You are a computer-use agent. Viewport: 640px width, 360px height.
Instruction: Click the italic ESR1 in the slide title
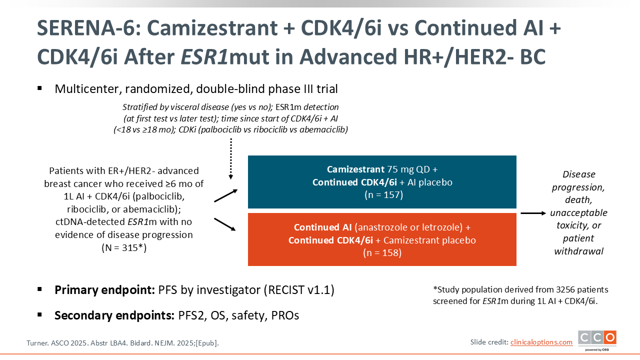[x=204, y=57]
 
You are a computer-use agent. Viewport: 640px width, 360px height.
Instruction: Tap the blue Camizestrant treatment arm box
[x=382, y=182]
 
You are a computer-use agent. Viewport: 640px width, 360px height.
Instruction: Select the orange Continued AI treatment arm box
[x=382, y=239]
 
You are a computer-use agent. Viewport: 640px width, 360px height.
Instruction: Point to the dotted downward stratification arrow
[x=231, y=159]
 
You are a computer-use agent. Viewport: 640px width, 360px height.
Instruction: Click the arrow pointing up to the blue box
[x=225, y=195]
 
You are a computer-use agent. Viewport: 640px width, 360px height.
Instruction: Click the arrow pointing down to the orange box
[x=225, y=224]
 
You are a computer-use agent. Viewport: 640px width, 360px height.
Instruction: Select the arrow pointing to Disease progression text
[x=533, y=213]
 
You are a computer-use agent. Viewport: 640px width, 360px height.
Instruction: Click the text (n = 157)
[x=383, y=195]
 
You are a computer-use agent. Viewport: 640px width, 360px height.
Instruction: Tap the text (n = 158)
[x=382, y=253]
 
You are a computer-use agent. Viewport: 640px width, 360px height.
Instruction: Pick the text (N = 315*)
[x=124, y=247]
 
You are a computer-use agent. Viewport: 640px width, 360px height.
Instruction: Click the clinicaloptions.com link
[x=541, y=342]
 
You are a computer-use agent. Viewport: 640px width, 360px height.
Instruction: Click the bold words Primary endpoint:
[x=104, y=290]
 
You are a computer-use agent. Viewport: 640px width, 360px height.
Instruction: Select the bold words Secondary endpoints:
[x=114, y=315]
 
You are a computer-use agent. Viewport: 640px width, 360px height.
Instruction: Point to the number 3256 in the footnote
[x=565, y=289]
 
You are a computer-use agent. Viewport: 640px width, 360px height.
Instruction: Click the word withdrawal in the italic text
[x=579, y=251]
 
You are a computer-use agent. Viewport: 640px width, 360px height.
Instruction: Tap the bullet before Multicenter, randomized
[x=39, y=88]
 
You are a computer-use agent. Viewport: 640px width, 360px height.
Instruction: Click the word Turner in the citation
[x=37, y=343]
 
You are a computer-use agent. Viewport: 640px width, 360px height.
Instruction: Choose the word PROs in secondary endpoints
[x=285, y=315]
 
